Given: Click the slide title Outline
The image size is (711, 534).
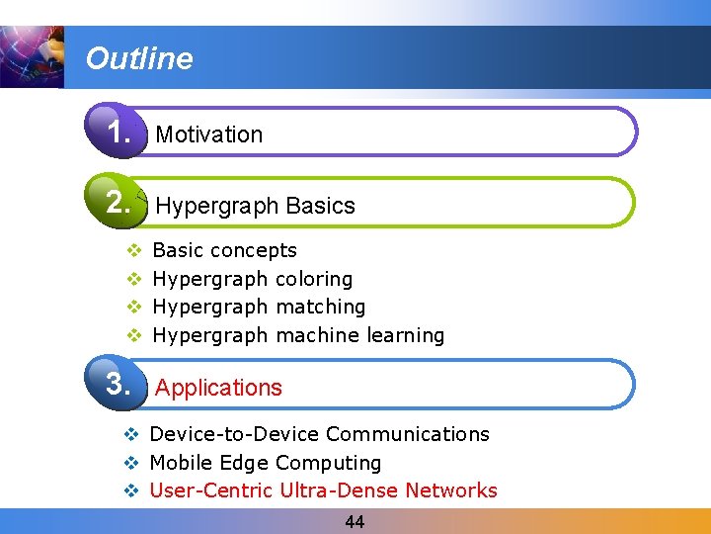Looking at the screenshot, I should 139,58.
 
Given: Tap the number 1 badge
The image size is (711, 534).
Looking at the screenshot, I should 119,132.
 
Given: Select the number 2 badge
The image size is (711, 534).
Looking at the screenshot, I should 119,203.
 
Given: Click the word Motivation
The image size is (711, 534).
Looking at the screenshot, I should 209,134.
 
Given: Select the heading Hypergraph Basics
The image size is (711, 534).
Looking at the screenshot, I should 255,206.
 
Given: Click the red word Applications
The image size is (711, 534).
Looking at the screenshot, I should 218,388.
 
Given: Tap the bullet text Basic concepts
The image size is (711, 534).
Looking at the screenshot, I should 224,250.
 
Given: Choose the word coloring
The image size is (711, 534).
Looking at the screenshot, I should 314,279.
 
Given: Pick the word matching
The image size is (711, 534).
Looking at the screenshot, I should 321,307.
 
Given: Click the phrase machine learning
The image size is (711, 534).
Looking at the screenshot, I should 360,335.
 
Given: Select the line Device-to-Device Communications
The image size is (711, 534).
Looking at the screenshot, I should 319,434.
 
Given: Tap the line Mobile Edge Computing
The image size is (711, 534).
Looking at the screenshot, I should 265,463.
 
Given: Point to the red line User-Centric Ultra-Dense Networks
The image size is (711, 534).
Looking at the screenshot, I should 323,490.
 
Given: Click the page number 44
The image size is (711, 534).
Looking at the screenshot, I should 355,522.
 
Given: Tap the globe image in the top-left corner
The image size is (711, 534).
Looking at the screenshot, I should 32,57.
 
